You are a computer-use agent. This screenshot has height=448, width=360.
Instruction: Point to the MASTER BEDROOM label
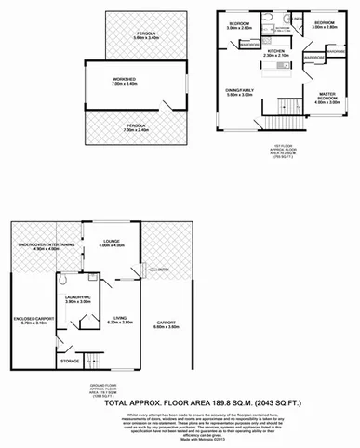pos(327,99)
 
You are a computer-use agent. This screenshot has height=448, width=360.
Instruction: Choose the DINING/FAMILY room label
pos(241,91)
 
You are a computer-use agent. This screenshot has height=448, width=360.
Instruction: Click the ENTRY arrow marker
pos(155,270)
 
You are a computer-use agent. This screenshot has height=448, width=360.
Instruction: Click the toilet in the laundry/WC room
pos(62,279)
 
